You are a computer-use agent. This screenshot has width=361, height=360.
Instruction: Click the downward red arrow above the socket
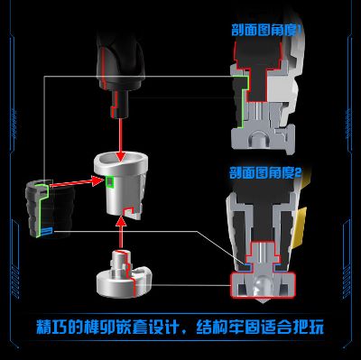coord(119,135)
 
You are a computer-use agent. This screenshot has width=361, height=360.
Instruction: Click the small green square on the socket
coord(109,181)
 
